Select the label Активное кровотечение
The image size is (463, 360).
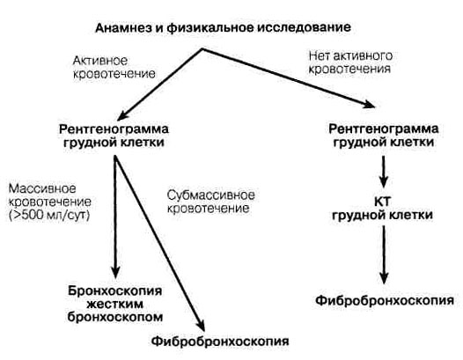[x=114, y=67]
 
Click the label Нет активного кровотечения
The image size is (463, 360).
[x=350, y=62]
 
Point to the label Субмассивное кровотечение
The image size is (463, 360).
[x=211, y=202]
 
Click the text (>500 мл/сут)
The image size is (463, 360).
[x=49, y=215]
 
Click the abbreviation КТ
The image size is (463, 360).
[x=382, y=202]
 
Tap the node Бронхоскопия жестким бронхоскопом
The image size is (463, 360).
[x=114, y=304]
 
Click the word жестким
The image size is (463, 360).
[x=116, y=304]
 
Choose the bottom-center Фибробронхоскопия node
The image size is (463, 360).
[x=220, y=342]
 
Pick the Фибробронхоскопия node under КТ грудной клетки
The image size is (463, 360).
[x=385, y=301]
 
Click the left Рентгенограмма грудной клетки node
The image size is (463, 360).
[x=114, y=136]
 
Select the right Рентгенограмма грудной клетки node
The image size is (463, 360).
[x=384, y=136]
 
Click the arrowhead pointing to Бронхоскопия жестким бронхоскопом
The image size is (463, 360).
[x=115, y=272]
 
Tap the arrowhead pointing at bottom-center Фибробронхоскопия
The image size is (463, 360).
[x=201, y=326]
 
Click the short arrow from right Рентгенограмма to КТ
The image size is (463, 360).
[x=383, y=172]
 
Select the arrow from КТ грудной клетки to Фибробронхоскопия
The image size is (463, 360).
[x=384, y=255]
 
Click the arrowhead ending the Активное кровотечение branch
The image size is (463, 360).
[x=123, y=115]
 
